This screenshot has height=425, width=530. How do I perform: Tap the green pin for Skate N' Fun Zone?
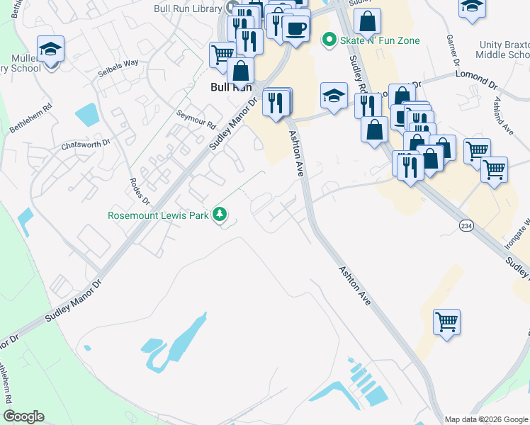tap(328, 40)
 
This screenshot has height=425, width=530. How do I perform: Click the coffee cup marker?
tap(295, 29)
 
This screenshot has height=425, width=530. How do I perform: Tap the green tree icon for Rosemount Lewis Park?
tap(221, 214)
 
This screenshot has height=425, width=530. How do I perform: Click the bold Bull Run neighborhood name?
tap(231, 87)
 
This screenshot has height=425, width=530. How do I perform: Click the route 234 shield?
tap(466, 225)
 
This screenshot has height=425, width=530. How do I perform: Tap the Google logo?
tap(23, 416)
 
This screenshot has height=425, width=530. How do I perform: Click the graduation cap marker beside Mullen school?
tap(50, 49)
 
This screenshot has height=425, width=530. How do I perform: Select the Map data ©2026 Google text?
tap(485, 419)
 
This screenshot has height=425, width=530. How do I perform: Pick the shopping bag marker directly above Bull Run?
tap(240, 71)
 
